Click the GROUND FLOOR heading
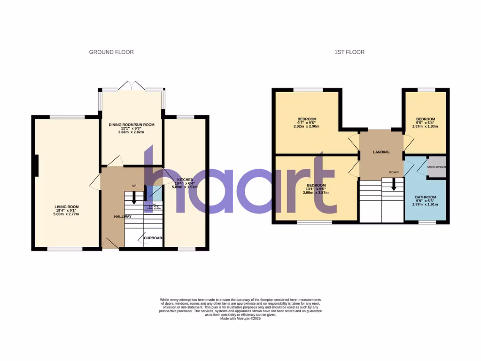pos(111,52)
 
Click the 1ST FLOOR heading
pos(349,52)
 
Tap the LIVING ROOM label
pos(66,207)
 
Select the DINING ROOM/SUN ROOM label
pos(132,125)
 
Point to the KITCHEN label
pos(185,180)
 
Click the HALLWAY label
pos(123,216)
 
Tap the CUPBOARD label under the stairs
pos(153,238)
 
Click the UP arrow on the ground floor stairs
pos(134,197)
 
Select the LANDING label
pos(381,152)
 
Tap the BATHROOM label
pos(425,197)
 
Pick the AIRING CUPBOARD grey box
pos(436,167)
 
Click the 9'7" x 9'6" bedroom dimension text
pos(306,123)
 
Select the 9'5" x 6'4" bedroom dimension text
pos(425,123)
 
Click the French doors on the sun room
pos(131,86)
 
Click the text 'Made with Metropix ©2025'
pos(240,318)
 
